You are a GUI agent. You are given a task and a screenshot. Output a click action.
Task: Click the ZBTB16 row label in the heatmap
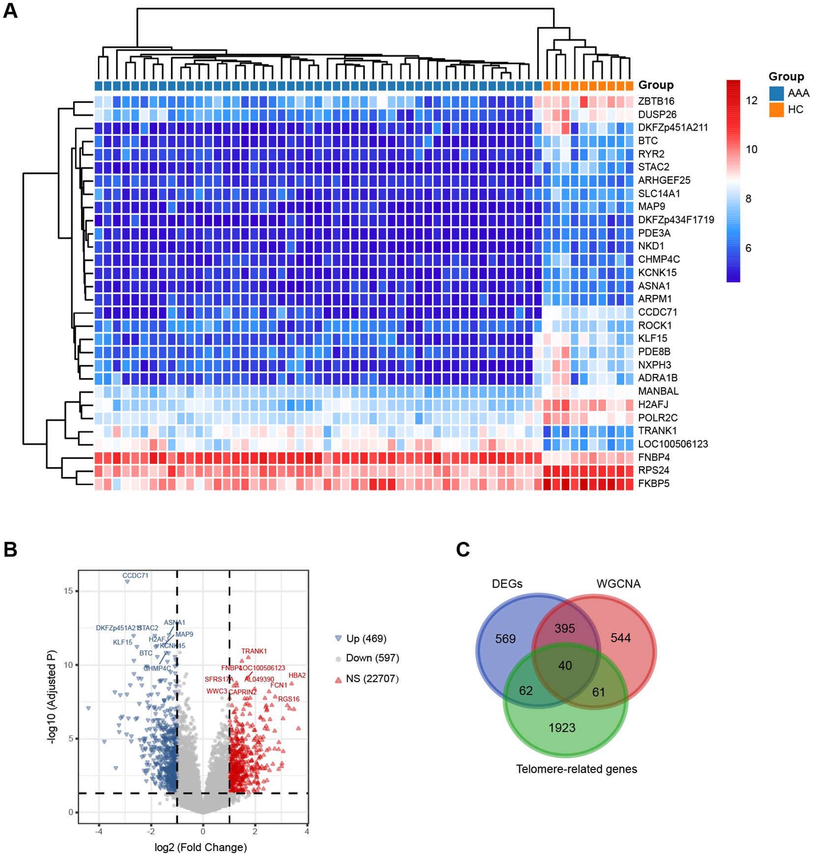[x=656, y=101]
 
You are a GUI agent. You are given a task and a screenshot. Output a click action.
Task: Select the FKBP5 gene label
[x=653, y=484]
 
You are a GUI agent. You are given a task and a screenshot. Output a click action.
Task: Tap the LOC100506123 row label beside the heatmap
[x=672, y=444]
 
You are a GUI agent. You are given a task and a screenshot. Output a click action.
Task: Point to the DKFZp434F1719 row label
[x=675, y=220]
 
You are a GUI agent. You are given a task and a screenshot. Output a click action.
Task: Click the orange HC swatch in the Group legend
[x=777, y=110]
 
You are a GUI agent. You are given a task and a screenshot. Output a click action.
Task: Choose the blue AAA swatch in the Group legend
[x=777, y=93]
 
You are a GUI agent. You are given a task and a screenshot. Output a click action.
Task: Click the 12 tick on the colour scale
[x=751, y=101]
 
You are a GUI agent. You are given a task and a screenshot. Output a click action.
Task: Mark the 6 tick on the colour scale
[x=748, y=248]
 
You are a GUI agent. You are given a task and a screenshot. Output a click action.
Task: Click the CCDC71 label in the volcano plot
[x=135, y=575]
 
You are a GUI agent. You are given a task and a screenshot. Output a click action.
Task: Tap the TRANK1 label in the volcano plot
[x=254, y=651]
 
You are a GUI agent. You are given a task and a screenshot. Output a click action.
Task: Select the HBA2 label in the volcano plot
[x=297, y=675]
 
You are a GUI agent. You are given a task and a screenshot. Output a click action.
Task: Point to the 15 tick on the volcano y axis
[x=68, y=591]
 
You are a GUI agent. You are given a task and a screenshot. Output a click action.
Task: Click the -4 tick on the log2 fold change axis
[x=99, y=831]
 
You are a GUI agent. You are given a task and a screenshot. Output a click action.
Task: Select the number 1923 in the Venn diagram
[x=562, y=728]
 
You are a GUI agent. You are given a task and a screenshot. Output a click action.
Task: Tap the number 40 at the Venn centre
[x=565, y=665]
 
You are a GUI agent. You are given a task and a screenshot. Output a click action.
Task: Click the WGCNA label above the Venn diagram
[x=618, y=584]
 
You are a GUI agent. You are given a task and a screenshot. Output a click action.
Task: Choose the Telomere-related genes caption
[x=576, y=769]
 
